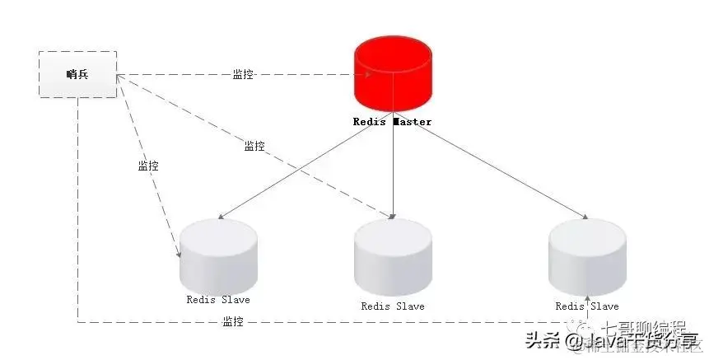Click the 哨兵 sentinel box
pos(77,75)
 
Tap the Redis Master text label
pos(392,122)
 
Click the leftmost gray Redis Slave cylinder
pos(217,250)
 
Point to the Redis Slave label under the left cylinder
pos(218,299)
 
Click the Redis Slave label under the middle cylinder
pos(393,306)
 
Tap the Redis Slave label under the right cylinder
pos(587,306)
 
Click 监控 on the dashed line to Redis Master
pos(243,74)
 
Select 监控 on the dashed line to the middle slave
pos(254,146)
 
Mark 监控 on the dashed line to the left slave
pos(148,166)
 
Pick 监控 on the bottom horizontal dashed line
pos(233,321)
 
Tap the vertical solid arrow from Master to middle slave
pos(393,165)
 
